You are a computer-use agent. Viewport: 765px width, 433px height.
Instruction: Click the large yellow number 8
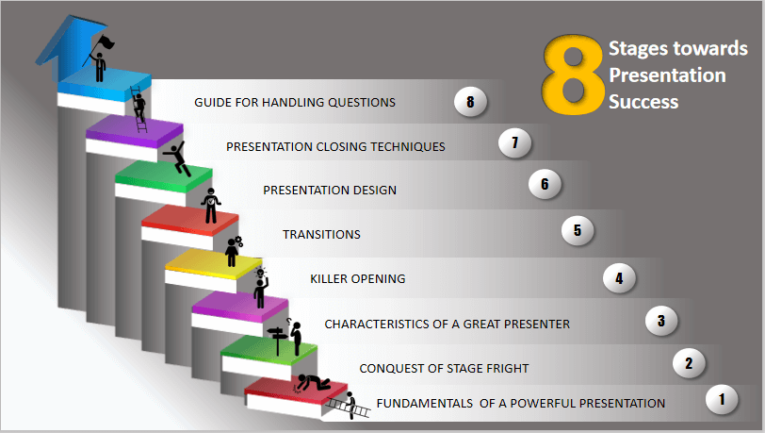pos(573,75)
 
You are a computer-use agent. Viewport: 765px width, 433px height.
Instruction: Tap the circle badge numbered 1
pos(722,399)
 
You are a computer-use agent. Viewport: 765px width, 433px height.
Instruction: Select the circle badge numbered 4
pos(619,278)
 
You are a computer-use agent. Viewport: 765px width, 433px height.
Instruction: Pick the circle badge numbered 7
pos(514,142)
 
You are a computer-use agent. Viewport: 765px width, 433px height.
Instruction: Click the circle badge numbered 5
pos(578,230)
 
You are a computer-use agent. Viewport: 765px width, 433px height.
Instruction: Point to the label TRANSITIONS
pos(321,235)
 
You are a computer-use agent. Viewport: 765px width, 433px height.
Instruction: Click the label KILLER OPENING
pos(358,278)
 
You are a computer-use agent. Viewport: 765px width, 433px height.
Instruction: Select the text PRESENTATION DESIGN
pos(330,191)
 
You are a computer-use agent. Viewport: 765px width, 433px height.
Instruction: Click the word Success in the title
pos(643,102)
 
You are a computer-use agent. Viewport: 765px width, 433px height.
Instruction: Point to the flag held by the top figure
pos(106,42)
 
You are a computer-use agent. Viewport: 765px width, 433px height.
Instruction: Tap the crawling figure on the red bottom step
pos(314,382)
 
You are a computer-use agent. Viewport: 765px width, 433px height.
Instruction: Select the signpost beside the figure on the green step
pos(277,340)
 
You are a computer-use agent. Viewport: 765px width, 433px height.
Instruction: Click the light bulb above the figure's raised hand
pos(261,273)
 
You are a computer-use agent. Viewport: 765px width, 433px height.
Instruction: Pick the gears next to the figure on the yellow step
pos(238,241)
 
